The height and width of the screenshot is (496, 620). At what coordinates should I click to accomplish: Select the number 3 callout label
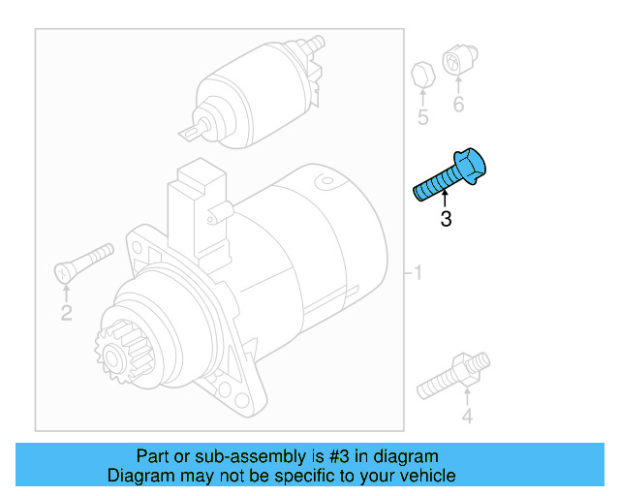coord(446,220)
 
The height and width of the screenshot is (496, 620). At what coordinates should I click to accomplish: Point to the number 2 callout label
coord(66,312)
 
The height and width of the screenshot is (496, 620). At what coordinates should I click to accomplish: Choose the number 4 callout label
coord(467,418)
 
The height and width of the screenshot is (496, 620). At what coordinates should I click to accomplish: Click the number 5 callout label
coord(422,118)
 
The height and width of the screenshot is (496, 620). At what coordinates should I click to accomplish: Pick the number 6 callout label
coord(458,105)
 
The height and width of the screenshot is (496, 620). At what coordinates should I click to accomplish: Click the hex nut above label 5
coord(421,75)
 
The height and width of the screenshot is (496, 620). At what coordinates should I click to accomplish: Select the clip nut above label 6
coord(457,61)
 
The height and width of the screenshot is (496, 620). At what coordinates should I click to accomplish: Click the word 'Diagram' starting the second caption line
coord(139,476)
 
